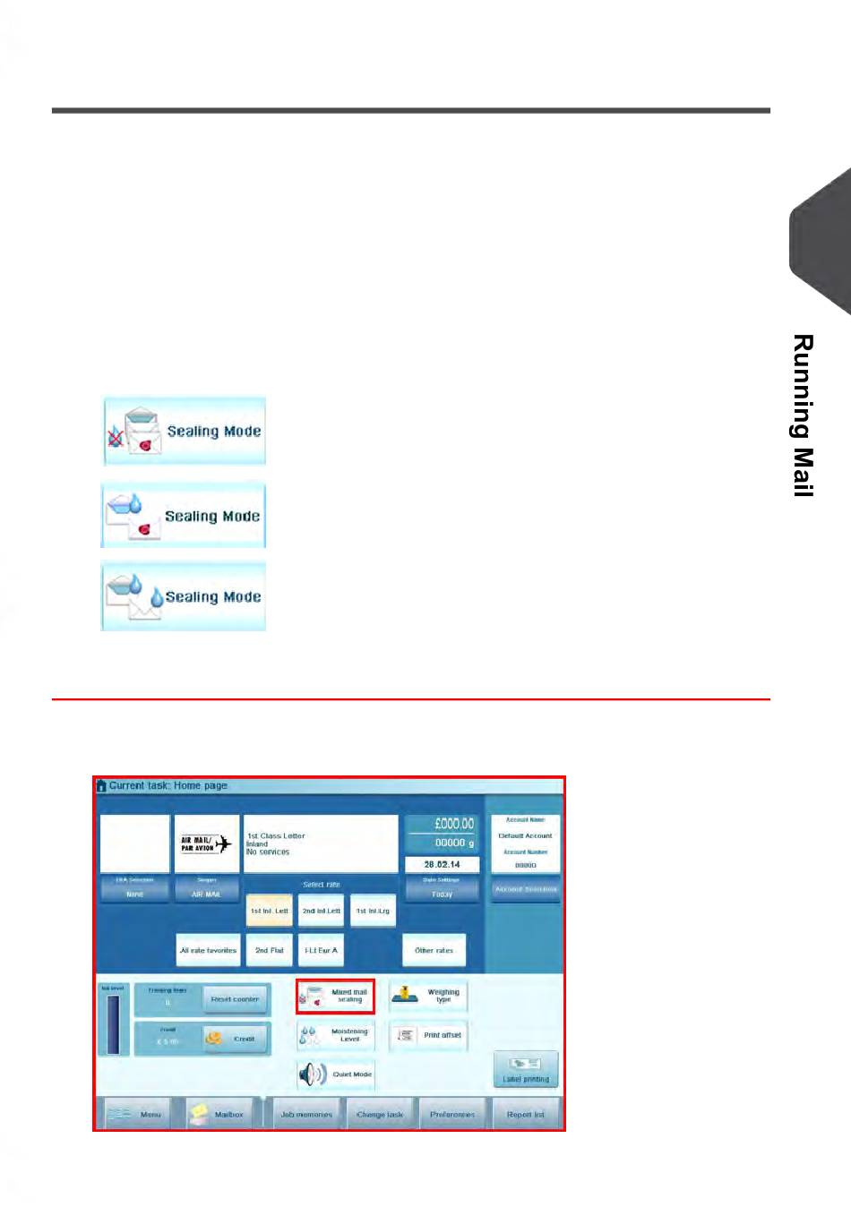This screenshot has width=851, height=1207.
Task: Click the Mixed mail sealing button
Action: [x=336, y=996]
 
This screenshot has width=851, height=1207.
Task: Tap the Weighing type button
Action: [x=428, y=996]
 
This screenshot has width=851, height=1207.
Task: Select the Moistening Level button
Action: [x=336, y=1035]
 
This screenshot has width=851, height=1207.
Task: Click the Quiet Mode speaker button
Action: [x=336, y=1074]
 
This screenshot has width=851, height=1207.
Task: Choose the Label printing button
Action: [x=526, y=1069]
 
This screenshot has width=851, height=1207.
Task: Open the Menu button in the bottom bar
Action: [x=135, y=1114]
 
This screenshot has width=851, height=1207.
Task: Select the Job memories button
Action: [x=306, y=1114]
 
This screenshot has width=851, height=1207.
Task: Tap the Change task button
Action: [x=380, y=1114]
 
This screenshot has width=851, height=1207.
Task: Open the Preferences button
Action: [x=452, y=1114]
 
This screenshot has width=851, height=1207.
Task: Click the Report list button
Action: [x=526, y=1114]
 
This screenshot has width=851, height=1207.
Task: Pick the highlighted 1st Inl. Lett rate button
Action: [x=269, y=911]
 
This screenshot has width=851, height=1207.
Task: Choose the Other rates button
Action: [x=434, y=950]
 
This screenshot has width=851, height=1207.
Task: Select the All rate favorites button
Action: [x=208, y=950]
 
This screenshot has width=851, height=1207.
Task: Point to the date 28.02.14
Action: [x=442, y=864]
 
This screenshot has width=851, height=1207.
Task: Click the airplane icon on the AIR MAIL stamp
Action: [x=223, y=843]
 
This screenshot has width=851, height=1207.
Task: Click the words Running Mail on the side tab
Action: [x=804, y=415]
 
